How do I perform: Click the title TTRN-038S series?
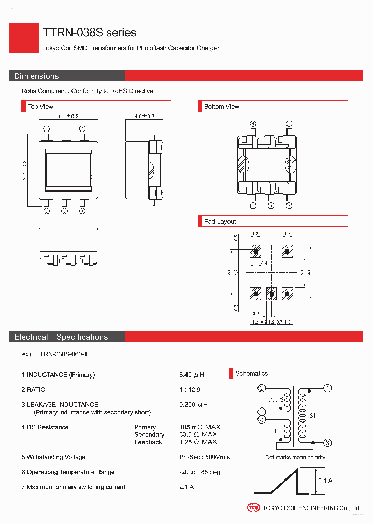pos(89,33)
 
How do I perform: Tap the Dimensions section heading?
pos(36,76)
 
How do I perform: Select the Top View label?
pos(40,107)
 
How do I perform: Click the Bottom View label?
pos(221,107)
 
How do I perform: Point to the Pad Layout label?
pos(220,222)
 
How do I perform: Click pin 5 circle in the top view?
pos(47,211)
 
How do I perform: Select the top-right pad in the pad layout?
pos(287,251)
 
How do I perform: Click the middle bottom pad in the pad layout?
pos(271,294)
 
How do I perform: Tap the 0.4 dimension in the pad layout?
pos(264,264)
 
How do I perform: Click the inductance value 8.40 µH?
pos(192,375)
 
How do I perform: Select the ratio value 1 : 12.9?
pos(190,390)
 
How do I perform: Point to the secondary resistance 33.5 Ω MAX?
pos(198,434)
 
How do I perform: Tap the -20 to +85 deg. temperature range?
pos(200,472)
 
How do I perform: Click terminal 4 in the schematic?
pos(327,388)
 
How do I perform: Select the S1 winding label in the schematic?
pos(313,416)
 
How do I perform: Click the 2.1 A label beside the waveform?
pos(325,481)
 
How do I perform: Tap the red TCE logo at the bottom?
pos(253,508)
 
